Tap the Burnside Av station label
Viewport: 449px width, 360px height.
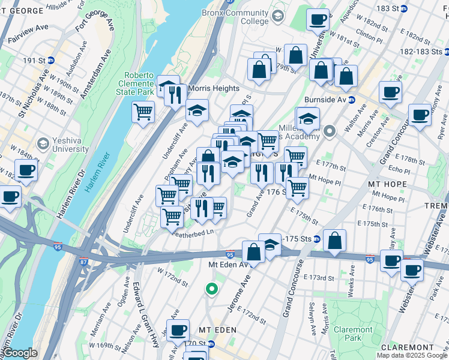click(x=331, y=100)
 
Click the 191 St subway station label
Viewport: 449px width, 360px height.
click(x=38, y=60)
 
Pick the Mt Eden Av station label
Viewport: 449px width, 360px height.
click(x=227, y=265)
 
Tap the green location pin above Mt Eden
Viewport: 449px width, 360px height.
click(x=211, y=289)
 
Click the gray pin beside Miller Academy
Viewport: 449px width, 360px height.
click(x=330, y=130)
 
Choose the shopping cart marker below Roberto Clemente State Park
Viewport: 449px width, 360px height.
click(x=143, y=111)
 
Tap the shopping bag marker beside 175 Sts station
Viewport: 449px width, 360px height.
click(x=335, y=239)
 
